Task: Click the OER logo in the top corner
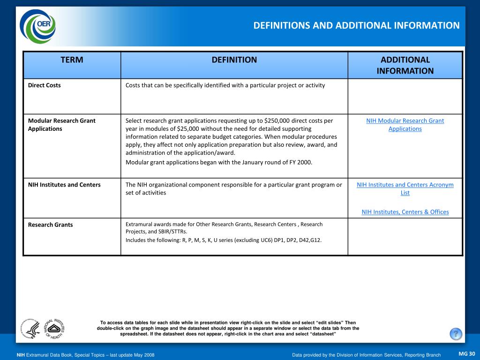click(37, 26)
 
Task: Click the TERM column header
click(72, 60)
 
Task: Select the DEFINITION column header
click(234, 60)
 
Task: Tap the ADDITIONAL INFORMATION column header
click(405, 65)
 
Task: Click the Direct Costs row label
click(45, 85)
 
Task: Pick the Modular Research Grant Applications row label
click(61, 125)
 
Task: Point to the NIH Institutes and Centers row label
click(64, 185)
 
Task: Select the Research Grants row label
click(50, 225)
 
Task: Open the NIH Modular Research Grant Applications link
click(405, 125)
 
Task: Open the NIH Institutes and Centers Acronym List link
click(405, 188)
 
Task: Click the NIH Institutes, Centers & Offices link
click(405, 212)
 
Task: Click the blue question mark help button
click(456, 334)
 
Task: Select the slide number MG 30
click(466, 353)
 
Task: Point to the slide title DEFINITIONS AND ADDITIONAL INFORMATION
click(356, 25)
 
